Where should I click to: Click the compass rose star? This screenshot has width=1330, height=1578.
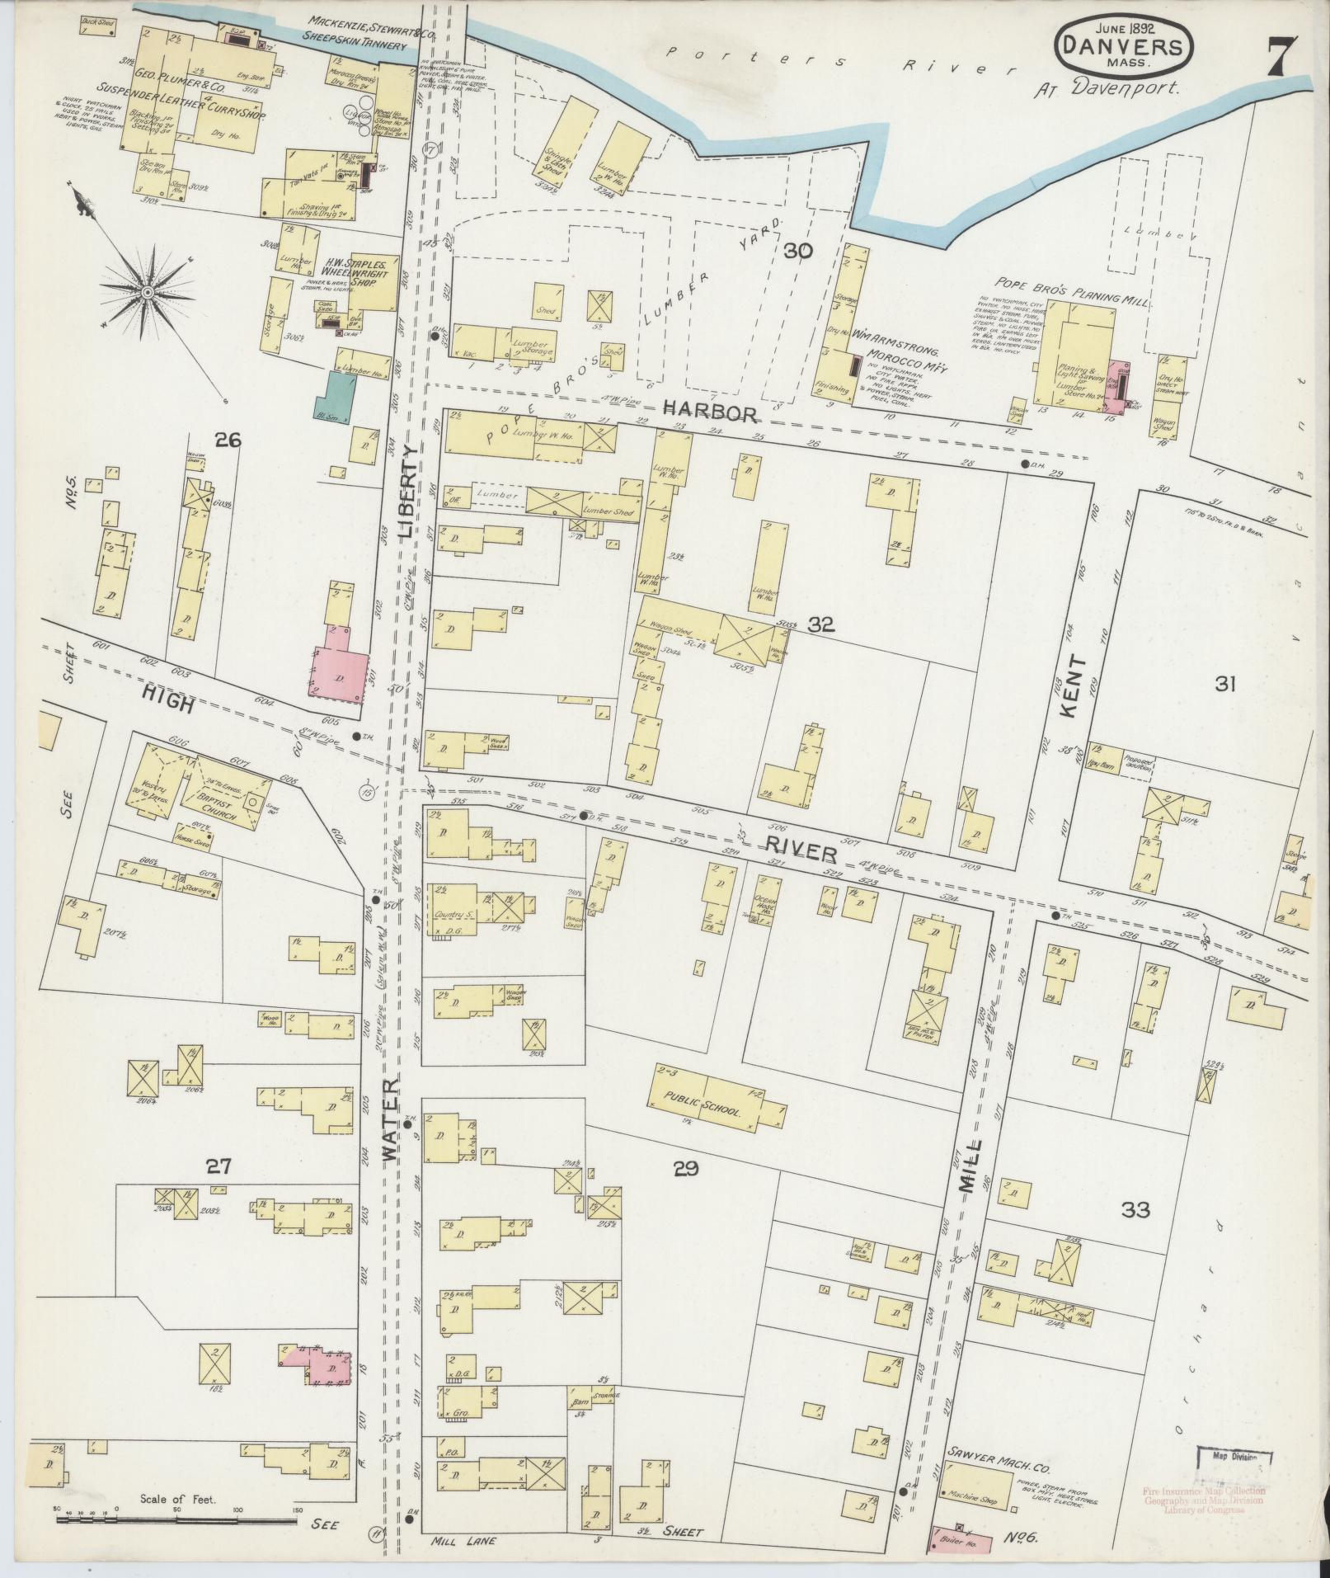click(147, 291)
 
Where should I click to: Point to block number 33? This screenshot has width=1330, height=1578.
click(1135, 1210)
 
